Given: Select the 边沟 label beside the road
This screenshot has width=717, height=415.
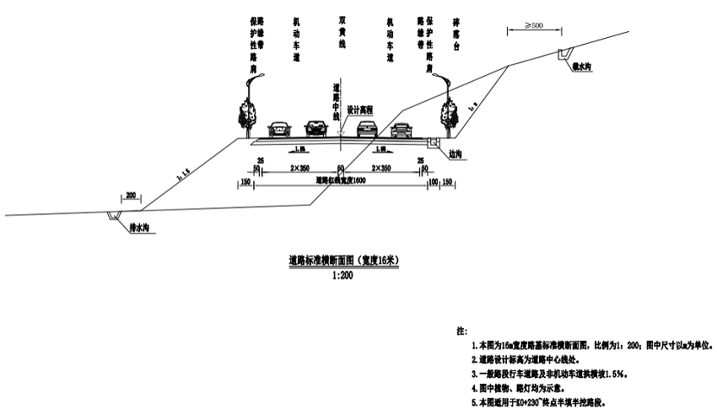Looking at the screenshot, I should [456, 154].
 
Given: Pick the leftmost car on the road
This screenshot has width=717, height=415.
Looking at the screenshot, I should [278, 129].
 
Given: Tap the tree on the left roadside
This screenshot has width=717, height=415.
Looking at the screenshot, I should [246, 114].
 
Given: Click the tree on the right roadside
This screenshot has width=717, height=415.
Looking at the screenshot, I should [445, 114].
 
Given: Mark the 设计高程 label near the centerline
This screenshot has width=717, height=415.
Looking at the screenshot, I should [360, 110].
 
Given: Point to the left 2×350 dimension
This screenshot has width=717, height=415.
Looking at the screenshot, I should [299, 169].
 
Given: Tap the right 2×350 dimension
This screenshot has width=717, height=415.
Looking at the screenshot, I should [380, 169].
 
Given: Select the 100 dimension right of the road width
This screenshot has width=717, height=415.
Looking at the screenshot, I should [433, 181].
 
